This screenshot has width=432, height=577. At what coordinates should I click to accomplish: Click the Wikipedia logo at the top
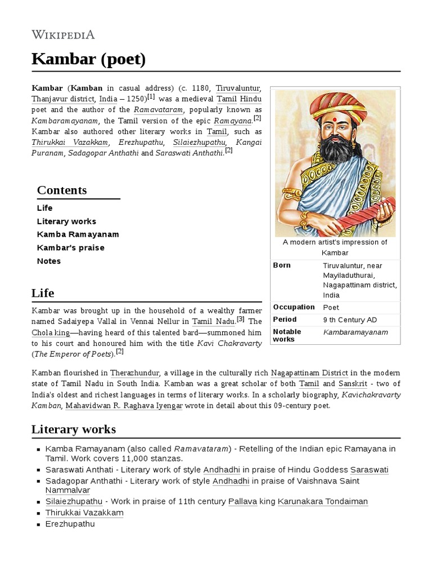pyautogui.click(x=63, y=35)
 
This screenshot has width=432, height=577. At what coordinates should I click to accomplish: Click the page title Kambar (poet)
pyautogui.click(x=88, y=59)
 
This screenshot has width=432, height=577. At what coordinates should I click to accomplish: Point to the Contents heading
pyautogui.click(x=62, y=190)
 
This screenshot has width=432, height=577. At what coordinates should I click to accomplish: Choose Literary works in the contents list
pyautogui.click(x=66, y=221)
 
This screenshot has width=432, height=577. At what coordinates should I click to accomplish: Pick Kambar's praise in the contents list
pyautogui.click(x=70, y=248)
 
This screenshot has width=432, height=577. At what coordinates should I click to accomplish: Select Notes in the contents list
pyautogui.click(x=49, y=261)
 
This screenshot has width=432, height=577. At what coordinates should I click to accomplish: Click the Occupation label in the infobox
pyautogui.click(x=294, y=307)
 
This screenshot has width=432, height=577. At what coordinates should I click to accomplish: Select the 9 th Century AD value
pyautogui.click(x=350, y=320)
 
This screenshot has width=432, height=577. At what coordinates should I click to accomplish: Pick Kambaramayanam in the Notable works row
pyautogui.click(x=355, y=332)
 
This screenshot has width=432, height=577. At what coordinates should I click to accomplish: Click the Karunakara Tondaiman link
pyautogui.click(x=323, y=501)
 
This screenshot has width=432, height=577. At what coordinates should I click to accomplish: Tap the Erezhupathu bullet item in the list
pyautogui.click(x=70, y=524)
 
